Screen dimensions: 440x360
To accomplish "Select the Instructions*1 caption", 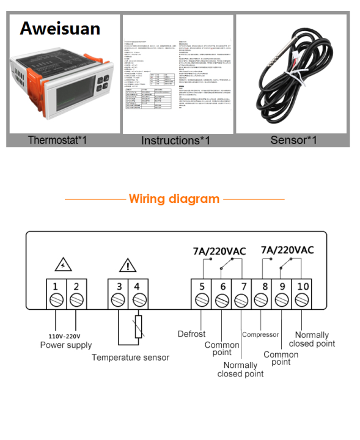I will click(175, 141).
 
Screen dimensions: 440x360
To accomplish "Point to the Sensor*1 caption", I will click(293, 140).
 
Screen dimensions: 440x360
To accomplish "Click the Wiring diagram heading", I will click(174, 199).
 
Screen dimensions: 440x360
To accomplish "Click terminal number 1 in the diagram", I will click(56, 287).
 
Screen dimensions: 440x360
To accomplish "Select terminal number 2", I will click(76, 287).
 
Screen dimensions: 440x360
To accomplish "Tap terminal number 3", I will click(119, 287).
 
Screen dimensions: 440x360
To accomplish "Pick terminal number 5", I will click(202, 287).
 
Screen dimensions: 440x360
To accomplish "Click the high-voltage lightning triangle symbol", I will click(64, 264).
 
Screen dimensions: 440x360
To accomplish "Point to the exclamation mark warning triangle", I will click(128, 265).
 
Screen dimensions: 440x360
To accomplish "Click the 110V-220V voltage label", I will click(65, 336).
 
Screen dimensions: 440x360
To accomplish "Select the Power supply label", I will click(65, 345).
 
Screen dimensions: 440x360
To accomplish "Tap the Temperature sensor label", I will click(130, 357).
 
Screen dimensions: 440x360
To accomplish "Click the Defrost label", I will click(191, 334).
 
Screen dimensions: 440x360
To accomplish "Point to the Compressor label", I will click(260, 334).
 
